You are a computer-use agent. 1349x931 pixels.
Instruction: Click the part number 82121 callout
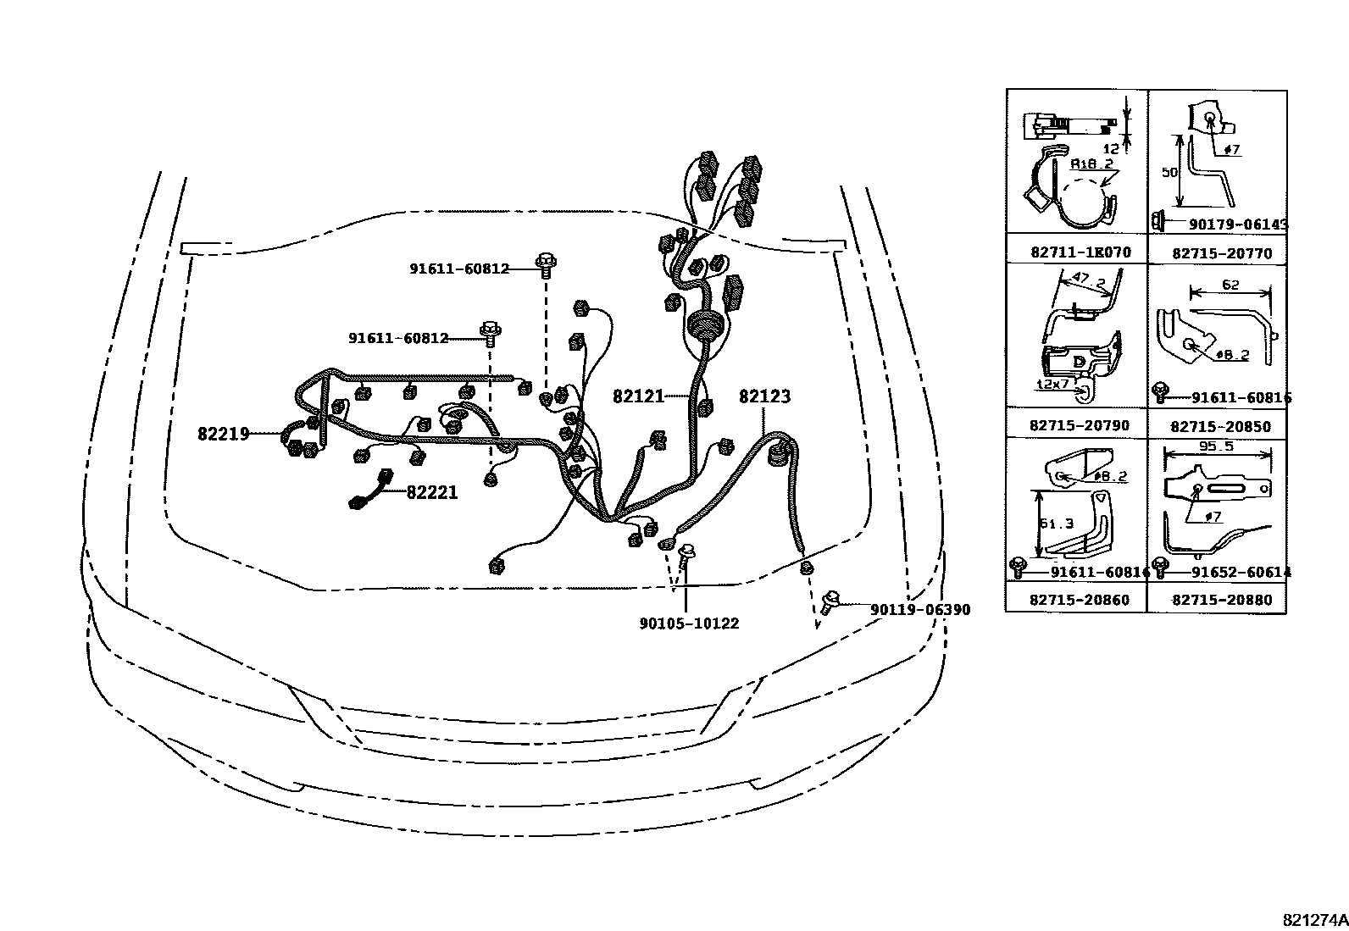tap(639, 396)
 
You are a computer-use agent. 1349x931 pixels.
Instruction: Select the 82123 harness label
tap(764, 396)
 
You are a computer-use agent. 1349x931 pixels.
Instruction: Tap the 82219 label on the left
tap(224, 434)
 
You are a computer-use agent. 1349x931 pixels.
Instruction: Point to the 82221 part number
tap(432, 492)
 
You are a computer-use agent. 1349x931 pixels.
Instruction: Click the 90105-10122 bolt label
tap(689, 623)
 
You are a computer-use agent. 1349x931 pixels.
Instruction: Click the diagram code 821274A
tap(1313, 919)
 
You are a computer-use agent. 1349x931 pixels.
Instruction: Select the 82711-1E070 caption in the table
tap(1081, 252)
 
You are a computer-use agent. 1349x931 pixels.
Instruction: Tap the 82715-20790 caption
tap(1080, 425)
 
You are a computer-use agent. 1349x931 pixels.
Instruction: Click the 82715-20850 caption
tap(1221, 426)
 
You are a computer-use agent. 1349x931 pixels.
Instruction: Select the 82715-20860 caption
tap(1080, 599)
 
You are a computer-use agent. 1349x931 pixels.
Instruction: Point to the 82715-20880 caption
tap(1222, 600)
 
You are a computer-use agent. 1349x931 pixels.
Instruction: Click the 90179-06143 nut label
tap(1238, 224)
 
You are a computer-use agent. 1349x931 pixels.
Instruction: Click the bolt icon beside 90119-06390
tap(830, 602)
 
